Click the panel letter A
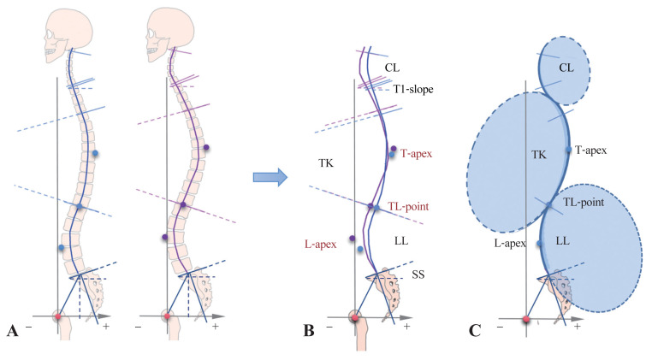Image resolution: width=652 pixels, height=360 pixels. point(12,329)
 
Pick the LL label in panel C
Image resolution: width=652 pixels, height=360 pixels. point(562,242)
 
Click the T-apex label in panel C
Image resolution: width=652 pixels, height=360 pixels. point(591,150)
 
